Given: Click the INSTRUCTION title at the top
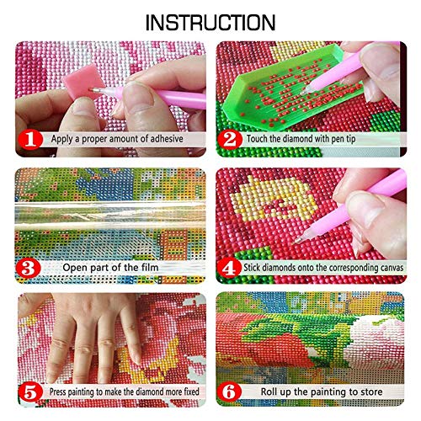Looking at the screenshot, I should (x=210, y=21).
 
